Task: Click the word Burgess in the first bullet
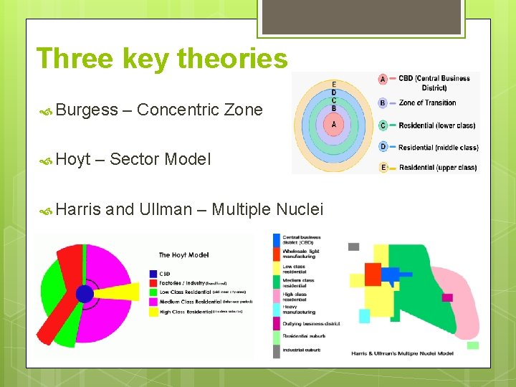coord(87,110)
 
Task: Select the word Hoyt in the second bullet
coord(73,159)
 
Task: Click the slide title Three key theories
coord(162,58)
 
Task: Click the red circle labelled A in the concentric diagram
coord(333,123)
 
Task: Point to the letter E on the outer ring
coord(333,85)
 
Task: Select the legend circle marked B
coord(383,103)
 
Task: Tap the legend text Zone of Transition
coord(427,103)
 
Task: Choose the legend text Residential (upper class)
coord(437,168)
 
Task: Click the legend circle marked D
coord(383,147)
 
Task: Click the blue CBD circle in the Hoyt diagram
coord(85,294)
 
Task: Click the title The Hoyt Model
coord(184,254)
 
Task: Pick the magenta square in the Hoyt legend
coord(153,302)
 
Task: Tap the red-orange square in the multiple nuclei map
coord(373,274)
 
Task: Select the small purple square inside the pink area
coord(447,297)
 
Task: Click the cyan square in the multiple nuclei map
coord(364,315)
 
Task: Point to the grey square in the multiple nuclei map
coord(353,247)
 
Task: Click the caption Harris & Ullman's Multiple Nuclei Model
coord(402,353)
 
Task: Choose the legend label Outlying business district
coord(311,323)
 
